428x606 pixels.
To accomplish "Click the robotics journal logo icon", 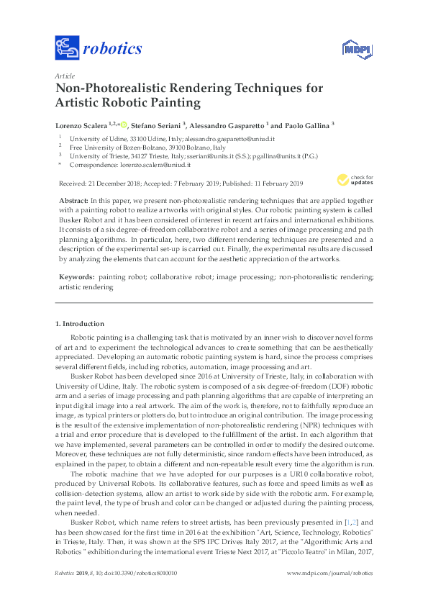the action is [x=67, y=49].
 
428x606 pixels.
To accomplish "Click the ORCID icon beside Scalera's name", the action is [x=133, y=124].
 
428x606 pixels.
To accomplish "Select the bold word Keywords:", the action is [x=75, y=276].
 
